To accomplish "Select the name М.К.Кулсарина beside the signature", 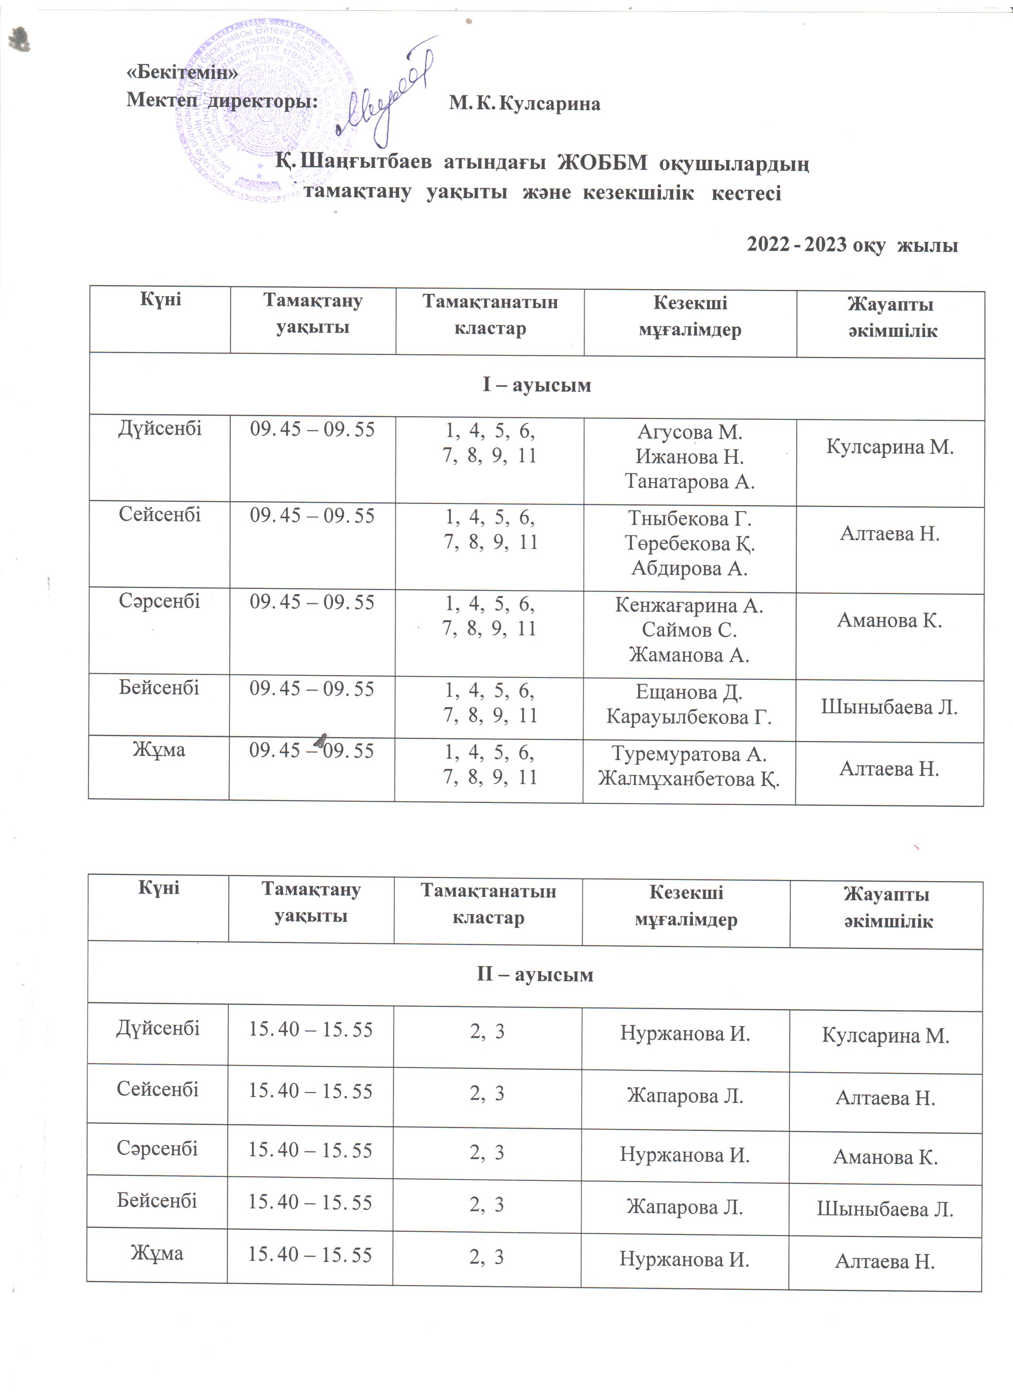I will coord(524,104).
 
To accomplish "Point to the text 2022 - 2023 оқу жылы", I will coord(852,245).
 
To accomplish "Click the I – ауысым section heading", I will coord(536,385).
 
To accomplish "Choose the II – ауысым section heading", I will coord(535,975).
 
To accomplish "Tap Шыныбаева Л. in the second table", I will coord(885,1210).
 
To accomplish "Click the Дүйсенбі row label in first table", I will coord(160,428).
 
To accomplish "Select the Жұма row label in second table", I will coord(157,1252).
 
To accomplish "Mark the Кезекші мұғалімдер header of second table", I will coord(686,905).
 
